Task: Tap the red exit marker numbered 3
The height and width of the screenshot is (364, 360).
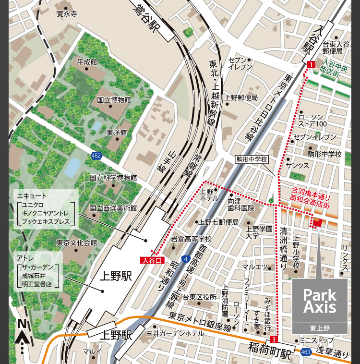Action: click(274, 340)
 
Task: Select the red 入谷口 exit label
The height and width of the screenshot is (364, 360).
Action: click(153, 260)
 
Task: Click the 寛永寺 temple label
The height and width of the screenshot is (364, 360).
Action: click(67, 14)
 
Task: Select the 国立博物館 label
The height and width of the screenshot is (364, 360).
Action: click(114, 100)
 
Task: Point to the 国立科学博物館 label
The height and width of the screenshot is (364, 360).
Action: click(113, 178)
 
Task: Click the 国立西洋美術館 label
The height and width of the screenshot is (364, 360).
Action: click(113, 208)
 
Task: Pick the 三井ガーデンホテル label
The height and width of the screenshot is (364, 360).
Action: click(175, 333)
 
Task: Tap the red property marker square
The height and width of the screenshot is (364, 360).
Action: click(318, 222)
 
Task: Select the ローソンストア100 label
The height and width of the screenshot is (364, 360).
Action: click(313, 120)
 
